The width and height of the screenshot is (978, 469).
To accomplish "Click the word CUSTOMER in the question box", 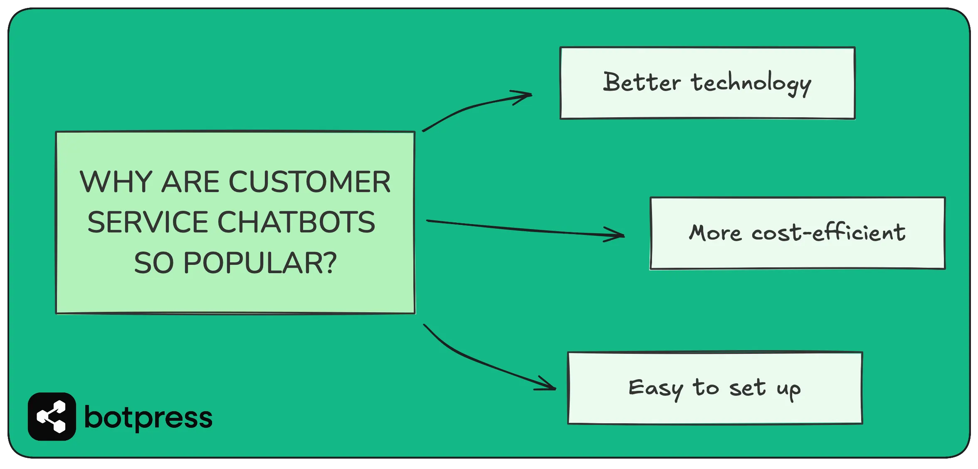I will [x=309, y=182].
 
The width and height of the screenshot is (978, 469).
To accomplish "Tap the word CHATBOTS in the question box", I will [x=296, y=222].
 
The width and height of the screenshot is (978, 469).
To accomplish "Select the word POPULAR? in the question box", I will [x=260, y=263].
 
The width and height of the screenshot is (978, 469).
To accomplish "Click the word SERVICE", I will [x=147, y=222].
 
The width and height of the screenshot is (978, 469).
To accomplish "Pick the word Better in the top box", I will [x=642, y=82].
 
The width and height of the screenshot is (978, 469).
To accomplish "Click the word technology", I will [x=751, y=83].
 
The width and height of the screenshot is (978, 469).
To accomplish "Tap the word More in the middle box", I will [x=715, y=233].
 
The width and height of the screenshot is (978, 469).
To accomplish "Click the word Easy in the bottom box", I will [x=655, y=389].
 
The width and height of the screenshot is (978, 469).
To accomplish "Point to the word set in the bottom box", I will [x=747, y=388].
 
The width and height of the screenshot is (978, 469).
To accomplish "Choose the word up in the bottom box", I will [x=788, y=390].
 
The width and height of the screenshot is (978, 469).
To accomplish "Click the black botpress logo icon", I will [x=52, y=417].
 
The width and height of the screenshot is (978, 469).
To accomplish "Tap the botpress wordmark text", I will [x=148, y=417].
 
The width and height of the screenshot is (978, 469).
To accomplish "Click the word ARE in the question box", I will [x=190, y=182].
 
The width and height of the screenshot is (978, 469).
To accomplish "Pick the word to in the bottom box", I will [x=705, y=388].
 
